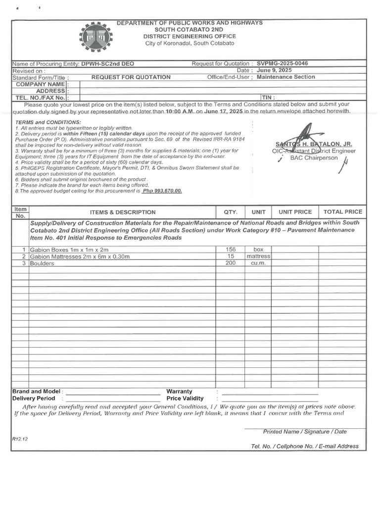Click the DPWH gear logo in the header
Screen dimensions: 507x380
pyautogui.click(x=95, y=38)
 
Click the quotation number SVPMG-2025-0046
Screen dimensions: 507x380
pyautogui.click(x=282, y=64)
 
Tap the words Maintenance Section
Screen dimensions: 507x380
pyautogui.click(x=285, y=77)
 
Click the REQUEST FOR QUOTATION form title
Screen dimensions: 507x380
pyautogui.click(x=131, y=77)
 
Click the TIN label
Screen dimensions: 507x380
pyautogui.click(x=268, y=98)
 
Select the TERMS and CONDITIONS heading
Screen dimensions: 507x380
pyautogui.click(x=48, y=122)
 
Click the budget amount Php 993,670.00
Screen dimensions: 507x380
pyautogui.click(x=162, y=191)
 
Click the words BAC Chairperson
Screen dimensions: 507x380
pyautogui.click(x=314, y=158)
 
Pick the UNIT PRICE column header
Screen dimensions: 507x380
pyautogui.click(x=295, y=212)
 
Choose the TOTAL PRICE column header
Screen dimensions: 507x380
pyautogui.click(x=342, y=212)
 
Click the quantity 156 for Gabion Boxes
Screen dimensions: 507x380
pyautogui.click(x=230, y=250)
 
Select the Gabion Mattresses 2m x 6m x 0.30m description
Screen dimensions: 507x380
pyautogui.click(x=80, y=256)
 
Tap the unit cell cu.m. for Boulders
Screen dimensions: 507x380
pyautogui.click(x=258, y=263)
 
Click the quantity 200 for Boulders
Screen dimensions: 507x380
pyautogui.click(x=230, y=263)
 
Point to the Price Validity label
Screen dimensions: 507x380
pyautogui.click(x=185, y=398)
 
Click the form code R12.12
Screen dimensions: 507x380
pyautogui.click(x=20, y=439)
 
